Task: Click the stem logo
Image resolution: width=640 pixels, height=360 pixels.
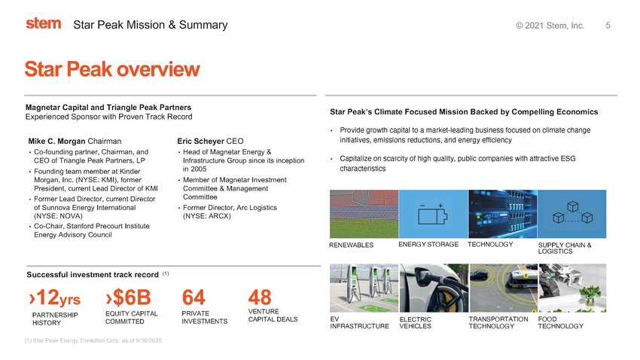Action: (44, 23)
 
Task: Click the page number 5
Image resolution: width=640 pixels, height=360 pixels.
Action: (608, 26)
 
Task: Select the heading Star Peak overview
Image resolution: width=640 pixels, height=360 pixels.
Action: (112, 69)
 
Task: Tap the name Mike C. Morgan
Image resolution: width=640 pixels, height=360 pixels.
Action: (57, 142)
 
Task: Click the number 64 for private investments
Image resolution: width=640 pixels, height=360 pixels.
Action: (194, 297)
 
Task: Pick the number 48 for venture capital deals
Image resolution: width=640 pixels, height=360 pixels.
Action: (260, 297)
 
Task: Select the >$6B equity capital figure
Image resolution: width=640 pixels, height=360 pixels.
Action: (128, 297)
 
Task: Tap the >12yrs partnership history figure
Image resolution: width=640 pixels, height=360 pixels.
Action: (55, 297)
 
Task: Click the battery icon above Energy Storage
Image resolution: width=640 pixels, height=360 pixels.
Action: (433, 214)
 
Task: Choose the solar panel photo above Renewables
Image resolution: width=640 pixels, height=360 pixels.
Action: (364, 214)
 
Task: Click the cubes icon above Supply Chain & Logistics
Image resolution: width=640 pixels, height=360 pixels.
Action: (572, 212)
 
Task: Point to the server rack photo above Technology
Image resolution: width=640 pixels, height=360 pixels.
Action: (502, 214)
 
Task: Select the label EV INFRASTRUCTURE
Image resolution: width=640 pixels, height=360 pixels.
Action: (359, 322)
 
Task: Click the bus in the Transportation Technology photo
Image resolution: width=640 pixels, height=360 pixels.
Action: (517, 280)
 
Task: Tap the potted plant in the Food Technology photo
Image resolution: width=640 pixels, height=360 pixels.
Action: (589, 297)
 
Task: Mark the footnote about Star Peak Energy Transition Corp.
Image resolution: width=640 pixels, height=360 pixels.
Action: (93, 340)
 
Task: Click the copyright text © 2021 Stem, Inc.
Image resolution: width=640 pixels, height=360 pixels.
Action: (550, 26)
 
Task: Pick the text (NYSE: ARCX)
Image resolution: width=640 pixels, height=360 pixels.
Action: (207, 216)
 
